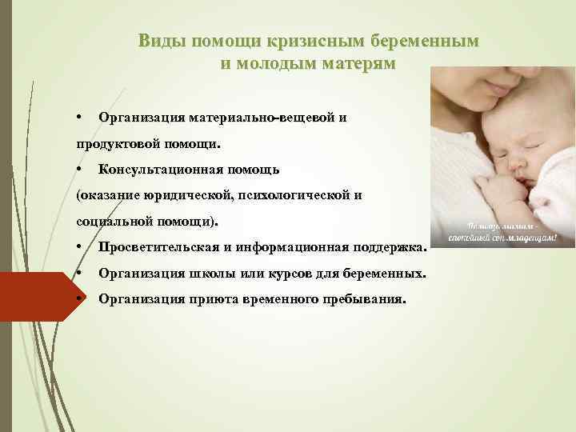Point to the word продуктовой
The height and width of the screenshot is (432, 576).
118,145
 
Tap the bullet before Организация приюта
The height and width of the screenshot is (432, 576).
82,299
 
